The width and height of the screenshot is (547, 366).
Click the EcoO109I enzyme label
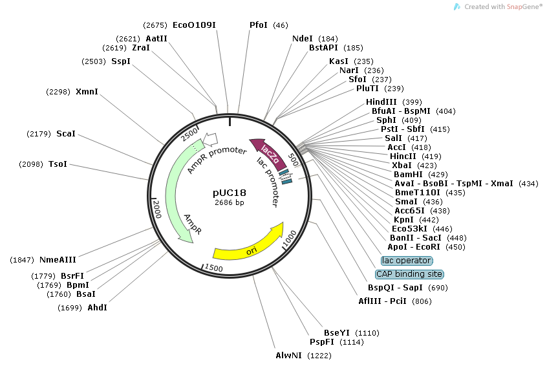point(194,25)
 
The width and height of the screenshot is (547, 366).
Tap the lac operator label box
point(407,261)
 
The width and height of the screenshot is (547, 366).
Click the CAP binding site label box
point(409,274)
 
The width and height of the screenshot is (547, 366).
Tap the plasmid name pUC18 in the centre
point(230,193)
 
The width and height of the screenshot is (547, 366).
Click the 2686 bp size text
point(230,203)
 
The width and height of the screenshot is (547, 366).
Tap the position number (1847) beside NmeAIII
point(23,260)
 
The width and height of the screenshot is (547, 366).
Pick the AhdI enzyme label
point(97,307)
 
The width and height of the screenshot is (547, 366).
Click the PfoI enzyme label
point(259,25)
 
